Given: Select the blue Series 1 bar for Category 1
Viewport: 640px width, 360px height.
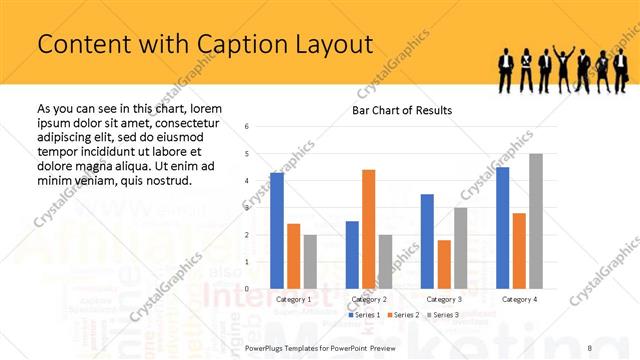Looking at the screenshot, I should point(277,231).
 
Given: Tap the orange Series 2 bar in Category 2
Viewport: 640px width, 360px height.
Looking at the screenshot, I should point(368,229).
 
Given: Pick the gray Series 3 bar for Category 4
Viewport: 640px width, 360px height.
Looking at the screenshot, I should point(536,221).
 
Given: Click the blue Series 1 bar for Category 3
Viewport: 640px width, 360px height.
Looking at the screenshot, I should point(427,241).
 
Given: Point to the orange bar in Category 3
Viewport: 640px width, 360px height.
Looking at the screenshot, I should point(444,264).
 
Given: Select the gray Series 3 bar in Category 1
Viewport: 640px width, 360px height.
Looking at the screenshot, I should point(310,262).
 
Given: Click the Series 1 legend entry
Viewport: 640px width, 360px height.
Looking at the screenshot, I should point(363,315).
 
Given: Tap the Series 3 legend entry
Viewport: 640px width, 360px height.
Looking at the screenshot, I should point(442,315).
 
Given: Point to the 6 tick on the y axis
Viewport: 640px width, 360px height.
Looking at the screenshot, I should point(261,126).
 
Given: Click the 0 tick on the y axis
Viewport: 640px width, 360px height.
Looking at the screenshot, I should point(261,289).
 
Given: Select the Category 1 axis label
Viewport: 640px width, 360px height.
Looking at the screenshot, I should point(293,299).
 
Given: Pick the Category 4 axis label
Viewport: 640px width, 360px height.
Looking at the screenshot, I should point(519,299).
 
